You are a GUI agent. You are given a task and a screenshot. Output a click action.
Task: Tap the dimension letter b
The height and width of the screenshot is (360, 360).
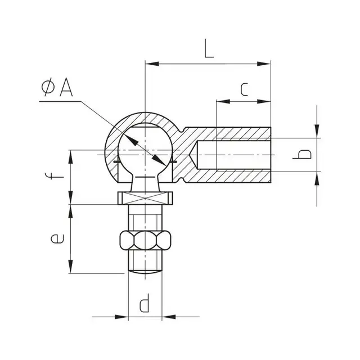click(x=304, y=154)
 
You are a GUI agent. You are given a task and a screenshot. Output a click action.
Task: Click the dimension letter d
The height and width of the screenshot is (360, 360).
click(x=145, y=304)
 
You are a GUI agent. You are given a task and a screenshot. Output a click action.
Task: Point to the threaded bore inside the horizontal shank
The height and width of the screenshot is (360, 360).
click(x=236, y=154)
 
